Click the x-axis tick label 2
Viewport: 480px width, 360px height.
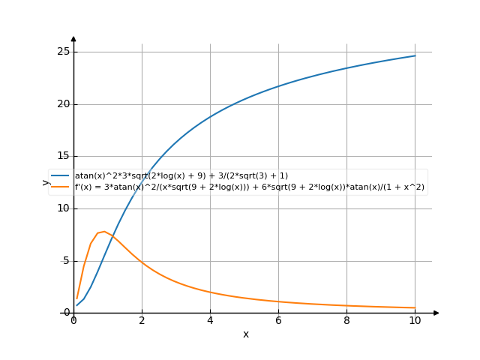(142, 321)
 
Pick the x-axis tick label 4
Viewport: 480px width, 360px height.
(210, 321)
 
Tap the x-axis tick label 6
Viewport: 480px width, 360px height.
(278, 321)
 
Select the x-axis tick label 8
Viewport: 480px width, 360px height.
(346, 321)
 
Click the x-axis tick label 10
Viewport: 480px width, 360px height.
(415, 321)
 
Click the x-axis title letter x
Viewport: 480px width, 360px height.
(245, 334)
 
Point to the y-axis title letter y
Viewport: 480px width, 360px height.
(46, 181)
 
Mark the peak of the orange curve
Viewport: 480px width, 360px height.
(104, 232)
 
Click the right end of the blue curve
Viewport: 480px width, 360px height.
(415, 55)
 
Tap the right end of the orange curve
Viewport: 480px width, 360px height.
(415, 307)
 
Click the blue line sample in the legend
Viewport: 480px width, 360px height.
(61, 175)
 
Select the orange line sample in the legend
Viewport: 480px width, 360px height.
(61, 186)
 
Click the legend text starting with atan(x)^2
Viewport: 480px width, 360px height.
(181, 175)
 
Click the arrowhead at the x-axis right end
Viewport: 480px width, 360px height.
(436, 313)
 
